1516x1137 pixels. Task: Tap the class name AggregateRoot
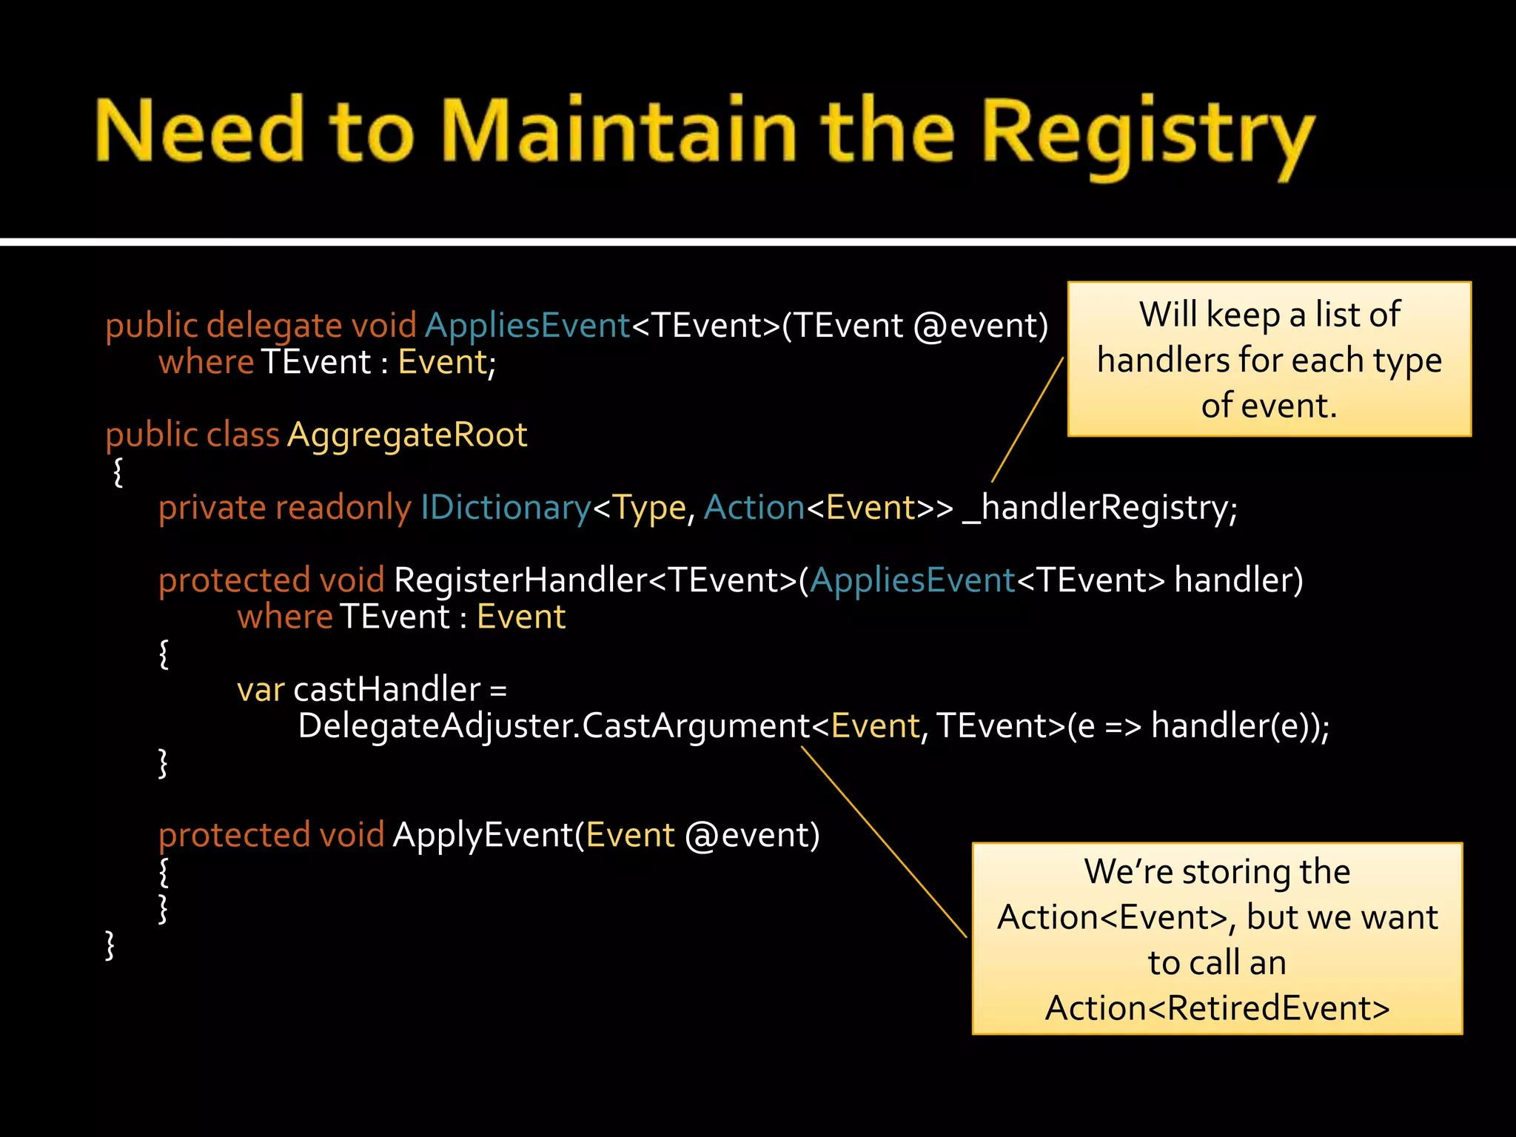(x=407, y=435)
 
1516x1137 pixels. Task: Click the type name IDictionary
(x=506, y=508)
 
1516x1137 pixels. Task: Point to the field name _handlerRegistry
(x=1099, y=508)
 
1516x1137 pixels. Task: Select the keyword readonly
(x=343, y=508)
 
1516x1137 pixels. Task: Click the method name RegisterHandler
(x=520, y=580)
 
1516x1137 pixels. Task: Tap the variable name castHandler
(x=387, y=690)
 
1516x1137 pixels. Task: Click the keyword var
(x=260, y=690)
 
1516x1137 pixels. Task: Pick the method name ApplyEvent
(x=483, y=835)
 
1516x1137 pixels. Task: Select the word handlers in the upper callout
(x=1162, y=360)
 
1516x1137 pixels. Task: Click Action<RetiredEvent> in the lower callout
(x=1217, y=1008)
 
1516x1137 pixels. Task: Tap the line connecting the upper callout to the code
(x=1027, y=420)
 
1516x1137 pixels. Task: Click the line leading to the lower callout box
(x=884, y=842)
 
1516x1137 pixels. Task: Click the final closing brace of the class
(x=110, y=945)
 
